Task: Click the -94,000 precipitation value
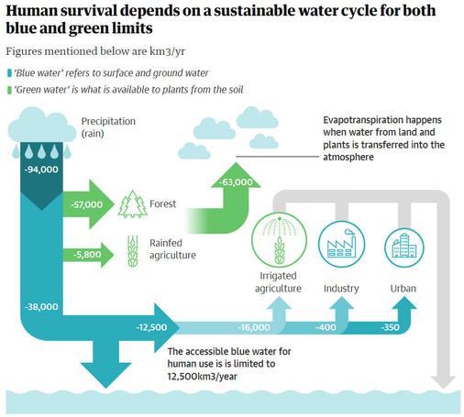(x=41, y=170)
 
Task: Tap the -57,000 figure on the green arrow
(x=87, y=204)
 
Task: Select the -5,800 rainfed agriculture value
(x=87, y=255)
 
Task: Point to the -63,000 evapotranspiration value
(x=237, y=182)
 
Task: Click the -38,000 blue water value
(x=41, y=307)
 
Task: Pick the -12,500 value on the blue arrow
(x=151, y=327)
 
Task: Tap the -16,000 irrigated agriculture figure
(x=254, y=327)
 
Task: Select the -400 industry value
(x=326, y=327)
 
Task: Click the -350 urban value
(x=391, y=327)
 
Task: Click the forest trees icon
(x=133, y=204)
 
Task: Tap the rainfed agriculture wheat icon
(x=133, y=251)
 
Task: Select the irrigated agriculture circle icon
(x=279, y=240)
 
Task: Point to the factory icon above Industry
(x=341, y=244)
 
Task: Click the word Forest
(x=162, y=203)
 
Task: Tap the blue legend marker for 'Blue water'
(x=9, y=73)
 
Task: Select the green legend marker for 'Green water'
(x=9, y=90)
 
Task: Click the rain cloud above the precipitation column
(x=42, y=126)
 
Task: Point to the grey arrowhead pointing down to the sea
(x=443, y=382)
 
